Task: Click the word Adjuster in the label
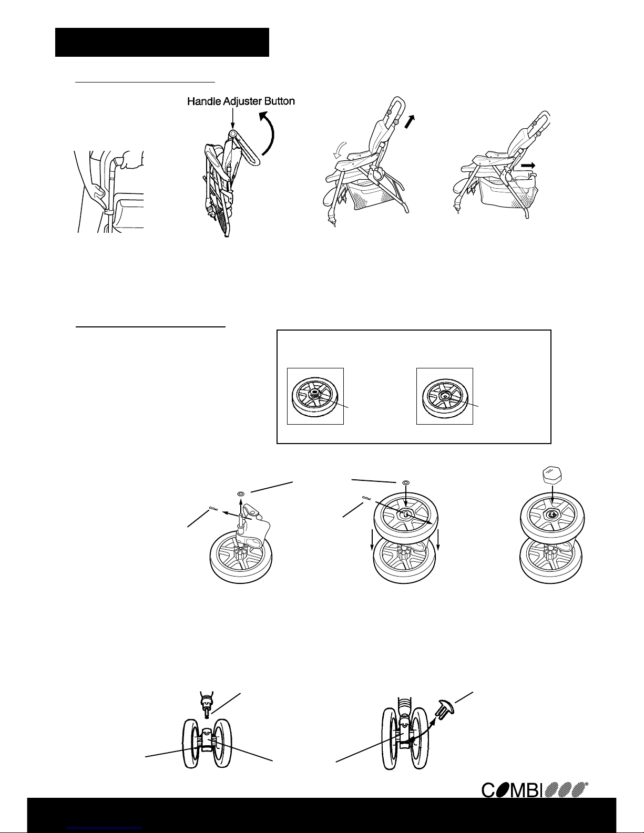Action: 240,102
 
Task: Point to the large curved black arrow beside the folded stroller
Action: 268,136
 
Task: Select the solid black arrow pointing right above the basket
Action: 528,165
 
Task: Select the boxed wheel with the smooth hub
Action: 445,397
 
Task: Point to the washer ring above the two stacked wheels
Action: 405,482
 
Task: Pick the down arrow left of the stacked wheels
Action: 373,540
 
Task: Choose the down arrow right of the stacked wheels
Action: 438,540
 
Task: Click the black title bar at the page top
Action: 162,42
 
